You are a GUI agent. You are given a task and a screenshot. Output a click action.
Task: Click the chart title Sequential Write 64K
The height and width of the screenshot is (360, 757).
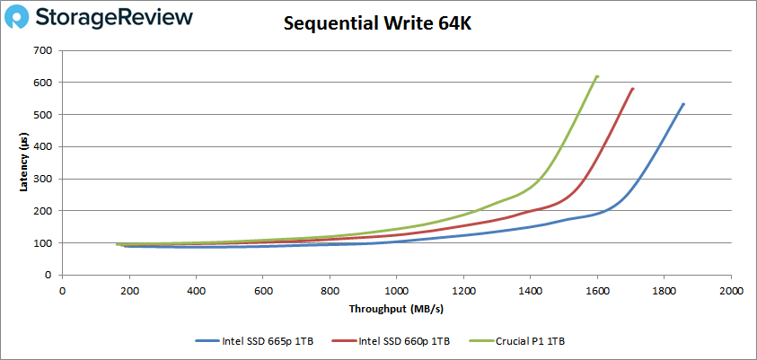click(x=377, y=23)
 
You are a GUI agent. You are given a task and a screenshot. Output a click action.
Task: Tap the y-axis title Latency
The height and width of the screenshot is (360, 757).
click(x=24, y=162)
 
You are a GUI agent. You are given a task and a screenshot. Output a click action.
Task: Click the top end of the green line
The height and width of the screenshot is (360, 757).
click(x=597, y=76)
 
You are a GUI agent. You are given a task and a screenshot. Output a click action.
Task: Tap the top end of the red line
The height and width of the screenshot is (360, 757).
click(x=633, y=88)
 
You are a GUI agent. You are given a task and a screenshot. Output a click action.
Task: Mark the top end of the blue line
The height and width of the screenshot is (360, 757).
click(x=683, y=104)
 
